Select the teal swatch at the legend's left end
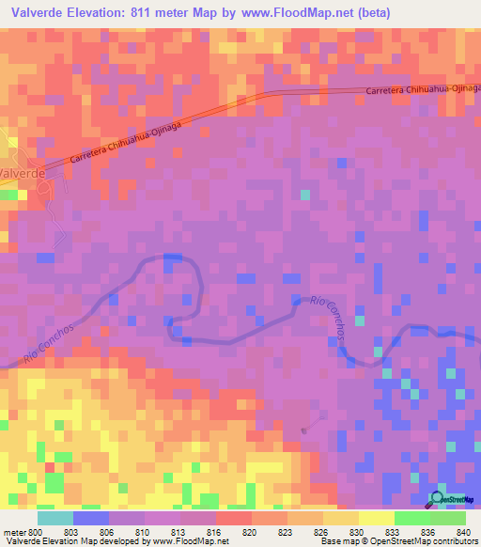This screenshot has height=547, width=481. click(55, 518)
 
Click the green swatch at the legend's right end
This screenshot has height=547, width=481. click(447, 518)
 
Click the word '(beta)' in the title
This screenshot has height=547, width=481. click(366, 13)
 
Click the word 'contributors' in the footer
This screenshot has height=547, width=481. click(454, 540)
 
